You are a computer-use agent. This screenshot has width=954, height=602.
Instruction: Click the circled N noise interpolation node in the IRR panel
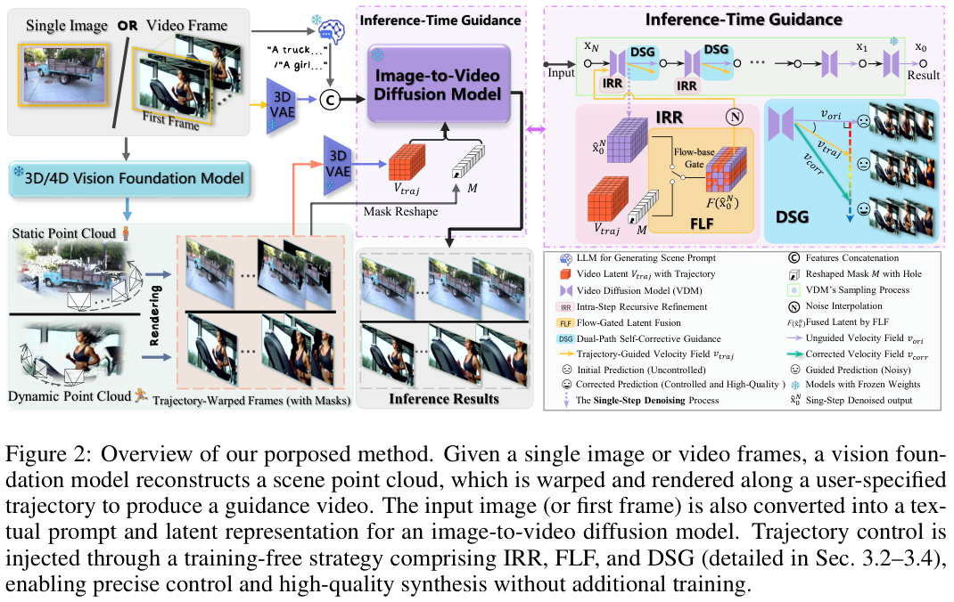click(x=736, y=118)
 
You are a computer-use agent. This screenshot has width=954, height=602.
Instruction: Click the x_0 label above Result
click(x=922, y=45)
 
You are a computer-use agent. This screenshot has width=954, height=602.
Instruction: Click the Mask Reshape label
click(x=399, y=212)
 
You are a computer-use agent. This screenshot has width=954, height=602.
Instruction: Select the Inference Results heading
click(x=444, y=398)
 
